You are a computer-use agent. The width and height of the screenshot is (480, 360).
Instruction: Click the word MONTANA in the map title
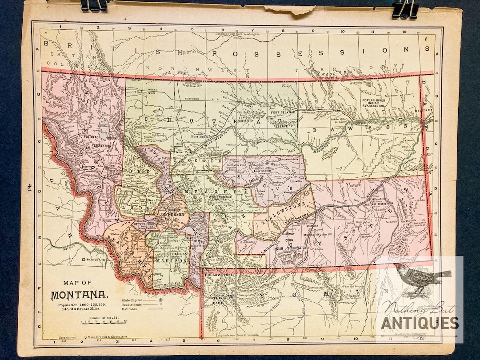79,295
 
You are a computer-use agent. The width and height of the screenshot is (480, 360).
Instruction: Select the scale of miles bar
102,323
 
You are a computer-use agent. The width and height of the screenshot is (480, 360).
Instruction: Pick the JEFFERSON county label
171,214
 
